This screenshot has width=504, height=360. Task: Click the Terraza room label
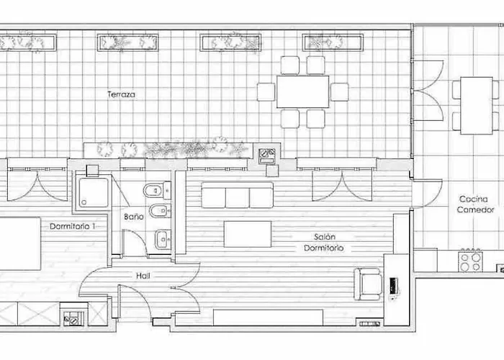click(121, 94)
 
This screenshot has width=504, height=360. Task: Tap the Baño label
click(134, 217)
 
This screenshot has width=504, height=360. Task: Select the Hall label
click(143, 276)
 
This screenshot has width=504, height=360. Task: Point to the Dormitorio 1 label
click(73, 226)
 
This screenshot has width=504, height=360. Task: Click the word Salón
click(325, 237)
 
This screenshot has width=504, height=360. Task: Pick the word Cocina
click(474, 199)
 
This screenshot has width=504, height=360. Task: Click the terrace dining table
click(303, 91)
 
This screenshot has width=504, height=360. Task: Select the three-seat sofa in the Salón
click(237, 195)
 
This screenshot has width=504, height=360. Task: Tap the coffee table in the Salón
click(248, 234)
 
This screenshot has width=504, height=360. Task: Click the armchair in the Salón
click(369, 284)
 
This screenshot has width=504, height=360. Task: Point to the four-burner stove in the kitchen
click(471, 261)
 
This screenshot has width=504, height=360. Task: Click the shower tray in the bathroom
click(94, 193)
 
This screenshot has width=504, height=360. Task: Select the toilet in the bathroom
click(157, 191)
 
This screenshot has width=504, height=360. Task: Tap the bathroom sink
click(163, 240)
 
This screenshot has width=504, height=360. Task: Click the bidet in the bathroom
click(158, 210)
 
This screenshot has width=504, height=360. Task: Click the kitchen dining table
click(477, 105)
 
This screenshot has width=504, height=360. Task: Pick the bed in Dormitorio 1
click(20, 244)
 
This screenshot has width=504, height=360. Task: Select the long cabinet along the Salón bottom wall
click(268, 318)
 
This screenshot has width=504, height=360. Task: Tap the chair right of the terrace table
click(339, 92)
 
